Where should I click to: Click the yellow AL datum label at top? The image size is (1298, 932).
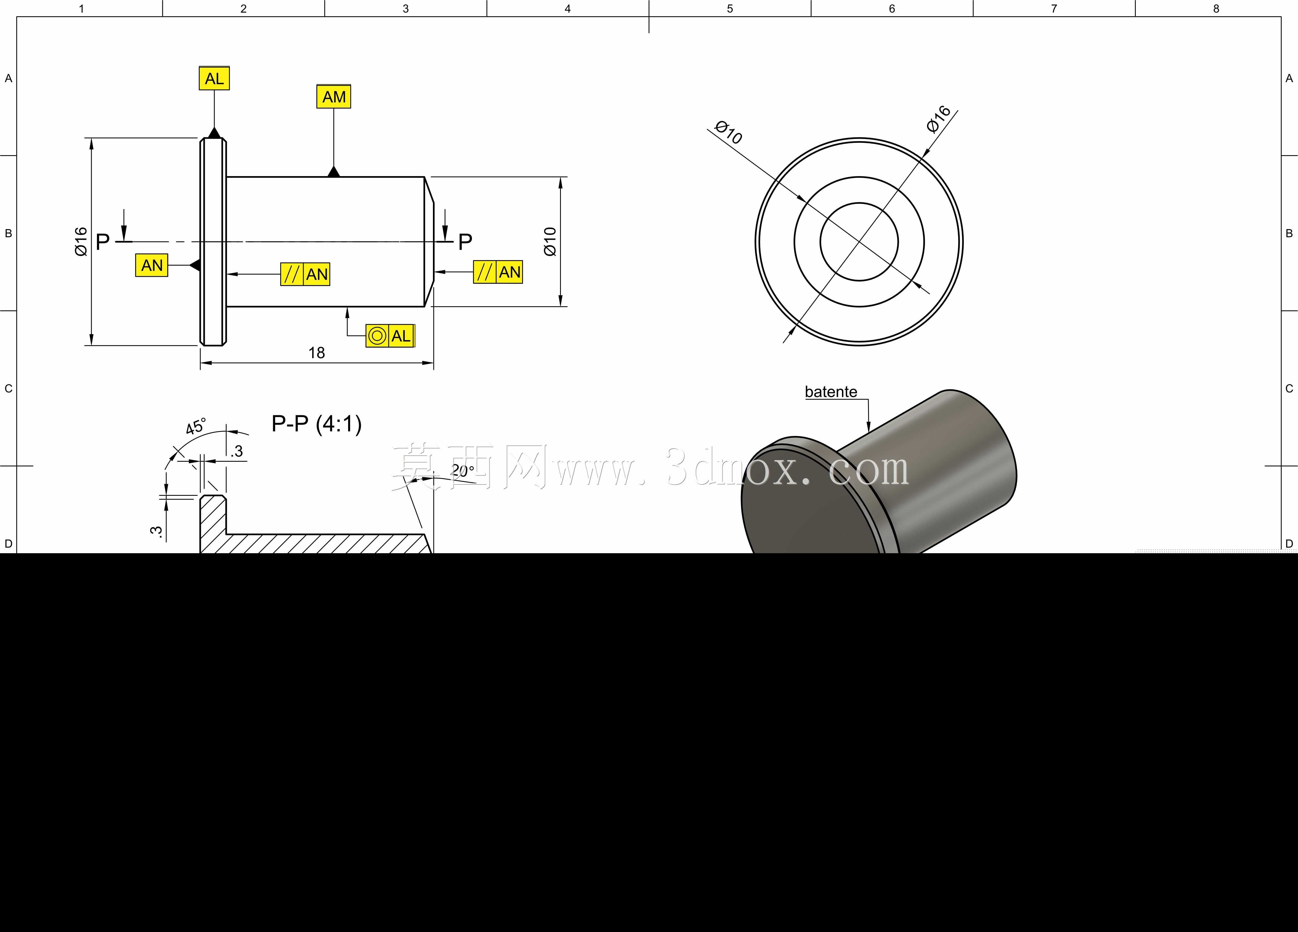coord(214,79)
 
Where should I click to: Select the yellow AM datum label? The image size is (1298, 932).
coord(334,97)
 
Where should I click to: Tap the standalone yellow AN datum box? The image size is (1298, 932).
coord(152,266)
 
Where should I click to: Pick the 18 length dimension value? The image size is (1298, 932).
coord(317,353)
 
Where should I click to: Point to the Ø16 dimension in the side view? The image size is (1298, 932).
coord(81,242)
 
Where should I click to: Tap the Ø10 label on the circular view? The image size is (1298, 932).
coord(729,132)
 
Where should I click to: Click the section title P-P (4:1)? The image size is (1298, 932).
coord(317,424)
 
